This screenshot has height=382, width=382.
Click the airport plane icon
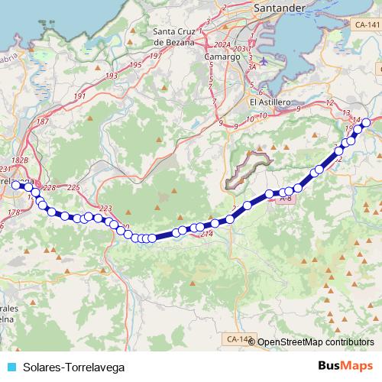264,61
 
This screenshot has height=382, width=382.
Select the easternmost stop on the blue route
366,122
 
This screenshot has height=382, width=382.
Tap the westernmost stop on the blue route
15,184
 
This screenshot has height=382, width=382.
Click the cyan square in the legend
10,367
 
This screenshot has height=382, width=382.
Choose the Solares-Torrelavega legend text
73,367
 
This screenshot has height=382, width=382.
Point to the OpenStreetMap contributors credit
316,342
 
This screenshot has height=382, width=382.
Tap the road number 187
43,122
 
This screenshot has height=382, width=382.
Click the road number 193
112,76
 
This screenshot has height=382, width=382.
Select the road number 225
73,187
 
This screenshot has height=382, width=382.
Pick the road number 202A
222,44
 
